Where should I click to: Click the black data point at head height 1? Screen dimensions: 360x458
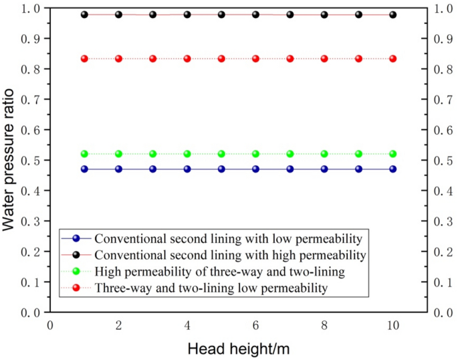[x=84, y=14]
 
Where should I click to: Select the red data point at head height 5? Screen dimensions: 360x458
[x=221, y=59]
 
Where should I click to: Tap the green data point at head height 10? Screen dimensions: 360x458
[x=393, y=154]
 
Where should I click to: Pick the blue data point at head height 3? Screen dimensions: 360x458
[x=153, y=169]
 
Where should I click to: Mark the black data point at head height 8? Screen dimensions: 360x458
[x=324, y=14]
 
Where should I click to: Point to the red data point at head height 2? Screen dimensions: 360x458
[x=118, y=59]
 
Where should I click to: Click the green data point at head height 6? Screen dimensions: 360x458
[x=255, y=154]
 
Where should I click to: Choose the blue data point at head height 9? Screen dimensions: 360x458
[x=359, y=169]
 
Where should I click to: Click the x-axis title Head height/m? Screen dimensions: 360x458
[x=238, y=349]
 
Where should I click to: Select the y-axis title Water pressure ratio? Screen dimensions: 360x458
[x=9, y=163]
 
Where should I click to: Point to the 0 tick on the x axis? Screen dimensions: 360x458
[x=50, y=325]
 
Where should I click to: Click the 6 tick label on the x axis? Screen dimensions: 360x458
[x=255, y=325]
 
